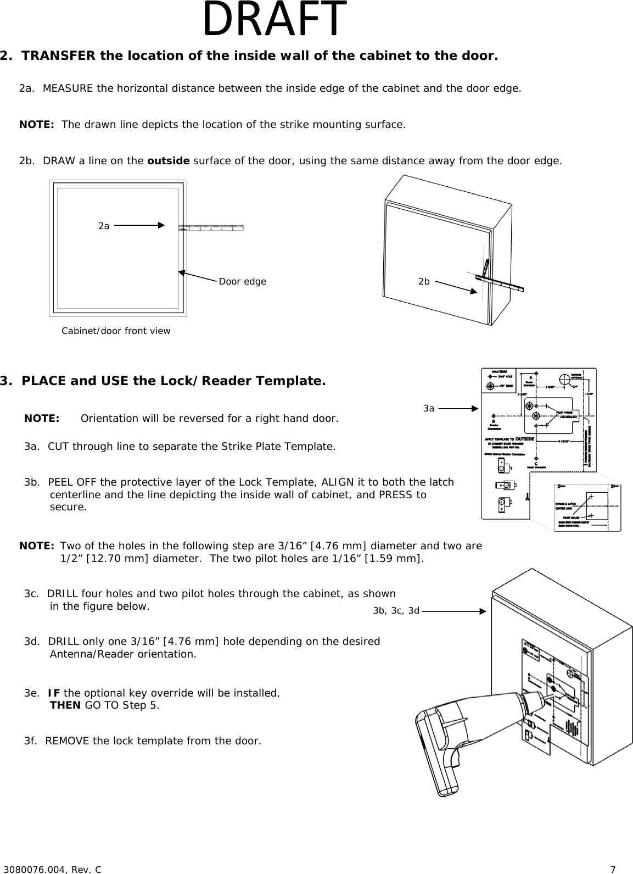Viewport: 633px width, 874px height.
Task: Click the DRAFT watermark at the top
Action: click(x=275, y=20)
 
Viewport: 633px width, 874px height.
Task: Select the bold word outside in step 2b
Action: click(x=169, y=161)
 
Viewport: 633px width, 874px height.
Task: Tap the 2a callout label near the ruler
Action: click(x=104, y=226)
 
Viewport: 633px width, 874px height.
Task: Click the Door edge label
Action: click(x=242, y=281)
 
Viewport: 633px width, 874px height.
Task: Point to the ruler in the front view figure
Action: click(x=211, y=227)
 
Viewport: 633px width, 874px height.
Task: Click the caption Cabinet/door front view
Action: click(x=116, y=331)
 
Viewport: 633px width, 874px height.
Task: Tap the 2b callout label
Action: click(x=424, y=281)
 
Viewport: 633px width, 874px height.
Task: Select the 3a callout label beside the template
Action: click(x=429, y=408)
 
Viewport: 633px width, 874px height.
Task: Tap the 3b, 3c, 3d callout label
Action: click(x=396, y=610)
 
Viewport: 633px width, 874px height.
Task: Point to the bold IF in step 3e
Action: click(x=54, y=693)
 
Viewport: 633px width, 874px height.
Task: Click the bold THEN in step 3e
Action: click(x=65, y=705)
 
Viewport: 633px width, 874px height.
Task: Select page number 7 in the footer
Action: click(x=613, y=869)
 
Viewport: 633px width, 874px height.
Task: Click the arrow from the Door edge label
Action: click(x=198, y=276)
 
